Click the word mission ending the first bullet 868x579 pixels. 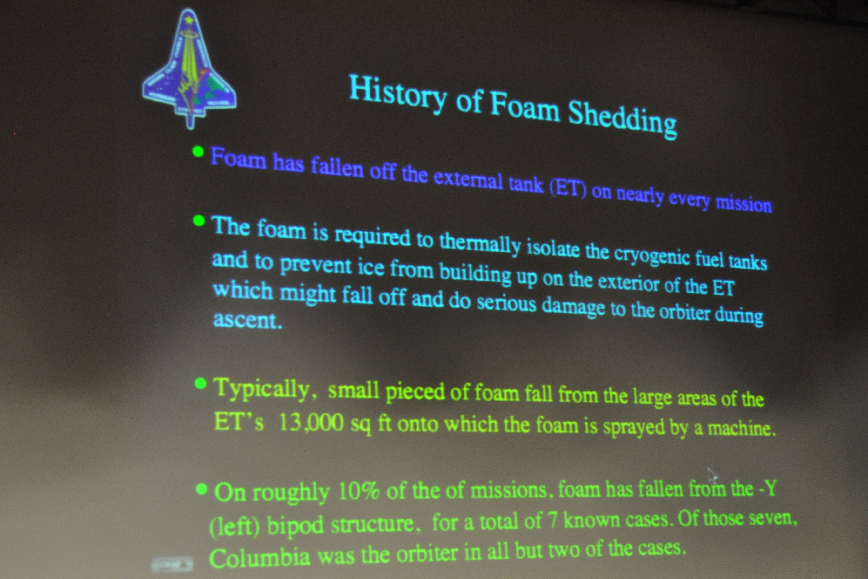click(744, 203)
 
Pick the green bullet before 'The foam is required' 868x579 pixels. click(199, 221)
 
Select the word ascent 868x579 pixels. click(247, 320)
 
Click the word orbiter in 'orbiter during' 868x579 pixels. click(685, 312)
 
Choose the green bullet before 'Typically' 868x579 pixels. click(200, 383)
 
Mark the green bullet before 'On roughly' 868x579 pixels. click(202, 490)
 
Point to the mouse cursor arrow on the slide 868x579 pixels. click(712, 476)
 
